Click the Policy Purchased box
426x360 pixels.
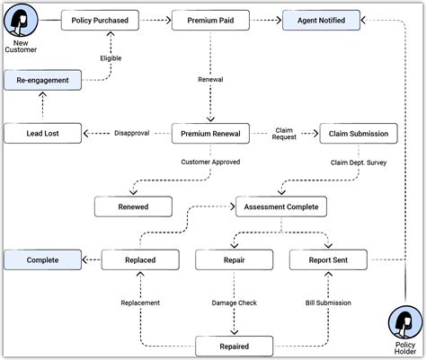click(100, 21)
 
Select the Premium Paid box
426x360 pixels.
click(210, 21)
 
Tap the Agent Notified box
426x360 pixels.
click(321, 21)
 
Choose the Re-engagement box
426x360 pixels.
click(42, 80)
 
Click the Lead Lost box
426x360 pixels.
click(42, 134)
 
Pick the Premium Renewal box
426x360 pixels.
click(210, 134)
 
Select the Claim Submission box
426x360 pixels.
click(359, 134)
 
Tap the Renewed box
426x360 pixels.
click(133, 206)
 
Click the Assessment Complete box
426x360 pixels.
click(281, 206)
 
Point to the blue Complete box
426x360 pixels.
click(42, 260)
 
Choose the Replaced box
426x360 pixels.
click(140, 260)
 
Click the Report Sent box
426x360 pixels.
click(328, 260)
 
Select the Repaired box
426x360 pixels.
click(235, 347)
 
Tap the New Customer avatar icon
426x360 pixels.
click(21, 20)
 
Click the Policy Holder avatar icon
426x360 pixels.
click(405, 323)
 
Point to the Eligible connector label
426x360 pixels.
click(111, 58)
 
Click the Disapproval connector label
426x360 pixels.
click(132, 133)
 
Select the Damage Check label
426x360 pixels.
click(235, 303)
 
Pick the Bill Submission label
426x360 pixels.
click(328, 303)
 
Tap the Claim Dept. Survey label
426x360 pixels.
click(359, 162)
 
